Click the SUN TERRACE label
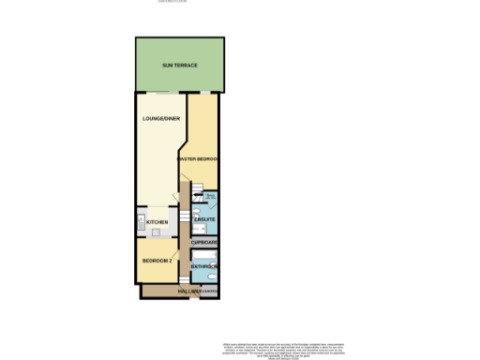click(x=179, y=66)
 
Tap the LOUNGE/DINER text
click(x=161, y=119)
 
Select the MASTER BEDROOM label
click(x=199, y=159)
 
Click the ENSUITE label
click(x=205, y=220)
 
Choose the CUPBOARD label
click(x=204, y=243)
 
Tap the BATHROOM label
click(x=204, y=267)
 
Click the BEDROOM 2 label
click(x=155, y=260)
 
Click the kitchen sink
click(x=140, y=221)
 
